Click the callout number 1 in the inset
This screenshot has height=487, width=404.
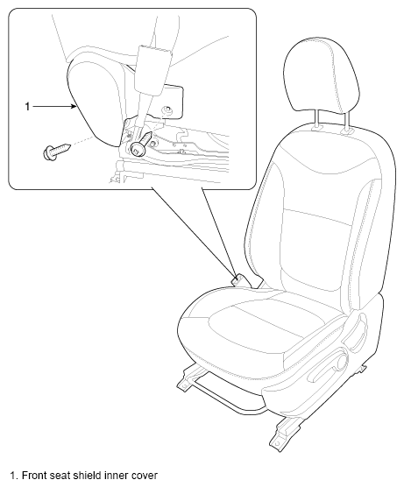coord(27,107)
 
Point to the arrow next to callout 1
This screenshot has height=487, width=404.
coord(54,107)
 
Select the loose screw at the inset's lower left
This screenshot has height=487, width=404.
coord(57,152)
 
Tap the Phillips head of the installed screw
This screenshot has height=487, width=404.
coord(138,150)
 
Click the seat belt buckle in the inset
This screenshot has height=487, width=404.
coord(152,70)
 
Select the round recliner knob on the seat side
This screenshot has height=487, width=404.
coord(342,362)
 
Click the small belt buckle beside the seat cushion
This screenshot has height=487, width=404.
coord(239,279)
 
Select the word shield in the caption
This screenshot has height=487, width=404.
coord(87,476)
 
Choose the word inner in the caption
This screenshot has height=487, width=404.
coord(117,476)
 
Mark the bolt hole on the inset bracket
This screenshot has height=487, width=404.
coord(167,110)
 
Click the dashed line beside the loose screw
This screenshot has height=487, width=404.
coord(82,140)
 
